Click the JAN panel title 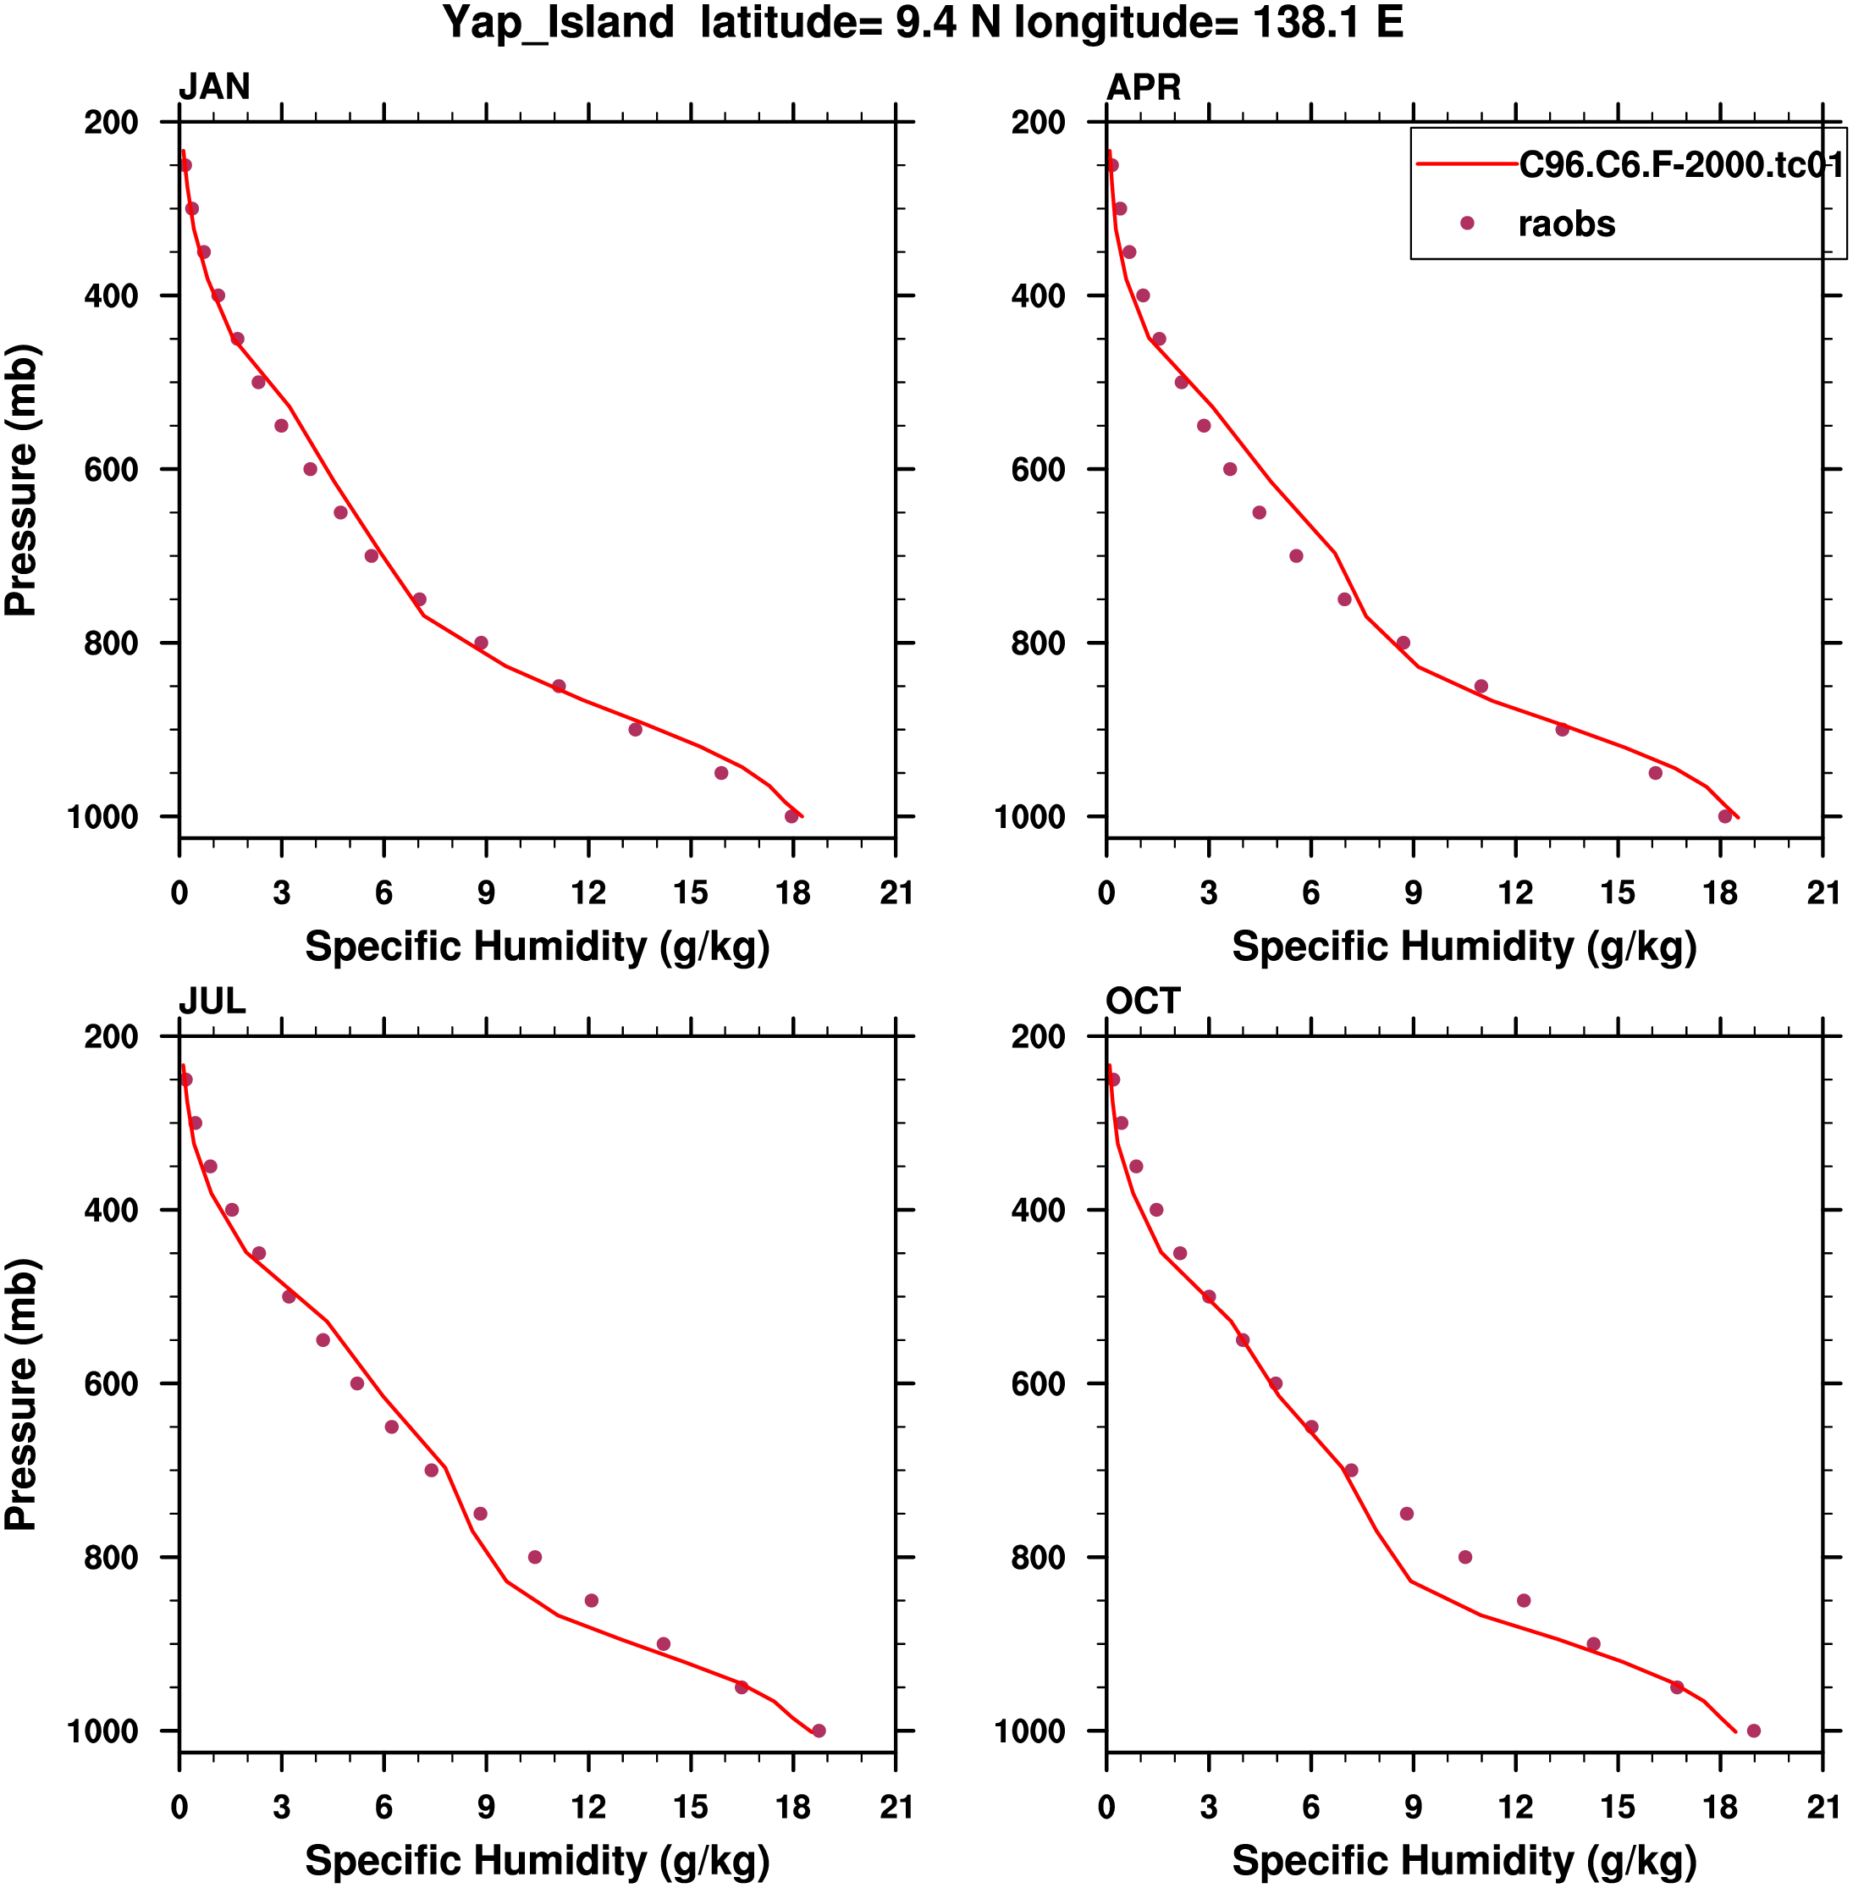(214, 87)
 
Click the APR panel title (1144, 87)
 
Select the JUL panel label (212, 1002)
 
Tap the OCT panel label (1143, 1002)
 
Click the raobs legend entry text (1566, 225)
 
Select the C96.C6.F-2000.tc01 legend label (1681, 165)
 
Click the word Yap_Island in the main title (558, 22)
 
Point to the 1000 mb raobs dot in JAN (791, 816)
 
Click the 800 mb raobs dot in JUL (534, 1557)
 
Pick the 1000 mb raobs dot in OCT (1754, 1731)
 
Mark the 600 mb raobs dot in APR (1230, 469)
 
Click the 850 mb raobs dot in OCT (1524, 1601)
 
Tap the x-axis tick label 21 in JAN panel (896, 893)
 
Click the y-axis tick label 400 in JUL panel (111, 1211)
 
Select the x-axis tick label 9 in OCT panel (1413, 1808)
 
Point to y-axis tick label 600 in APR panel (1039, 469)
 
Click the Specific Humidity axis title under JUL (538, 1861)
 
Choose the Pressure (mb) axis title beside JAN (21, 481)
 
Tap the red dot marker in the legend (1468, 224)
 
